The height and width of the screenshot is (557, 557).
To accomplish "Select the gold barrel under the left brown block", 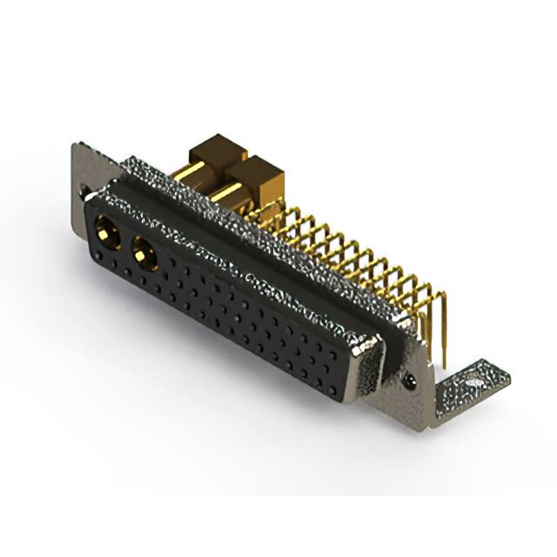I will [202, 179].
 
